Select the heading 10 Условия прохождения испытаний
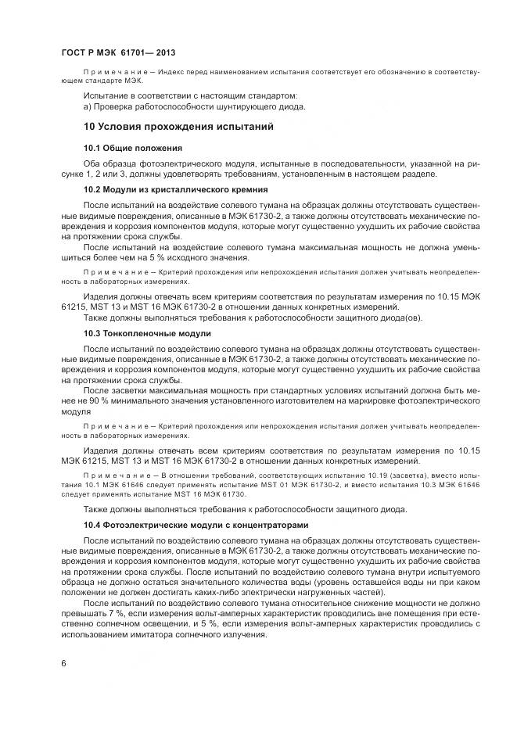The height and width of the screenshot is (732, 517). pyautogui.click(x=178, y=126)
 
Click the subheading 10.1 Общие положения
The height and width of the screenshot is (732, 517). pyautogui.click(x=133, y=147)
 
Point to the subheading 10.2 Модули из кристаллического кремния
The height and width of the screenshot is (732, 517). pyautogui.click(x=176, y=189)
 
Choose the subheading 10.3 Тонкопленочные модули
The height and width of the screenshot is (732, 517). pyautogui.click(x=147, y=333)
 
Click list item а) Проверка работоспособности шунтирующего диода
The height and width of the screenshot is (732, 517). pyautogui.click(x=194, y=106)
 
